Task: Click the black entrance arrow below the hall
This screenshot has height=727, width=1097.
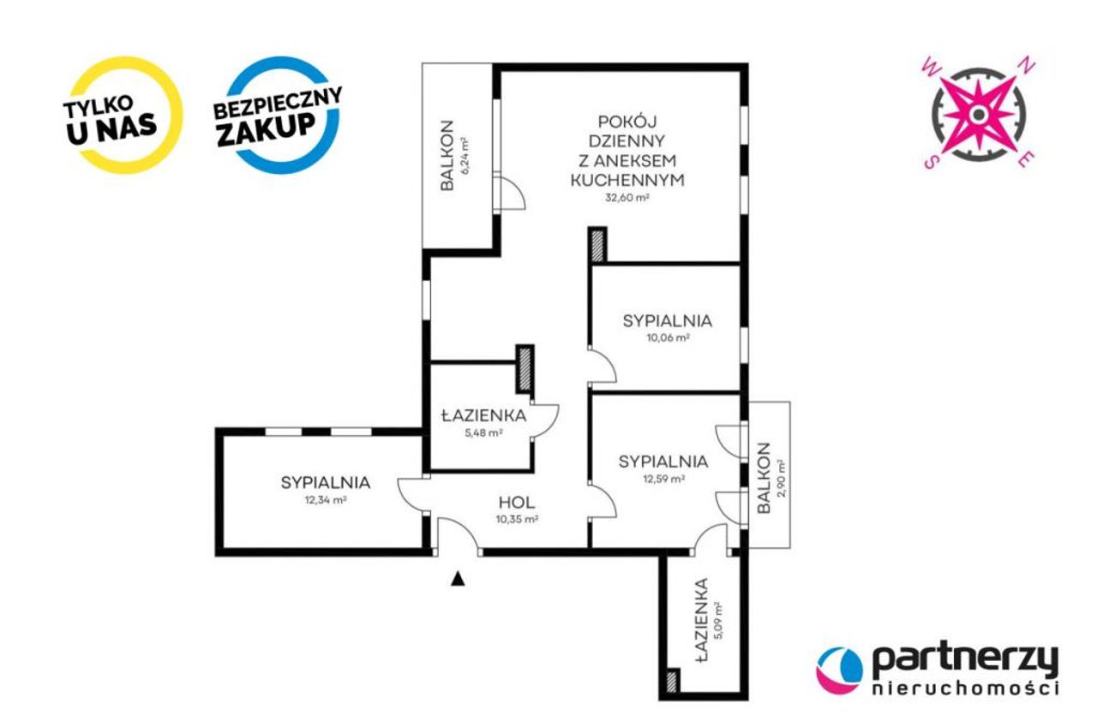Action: tap(458, 579)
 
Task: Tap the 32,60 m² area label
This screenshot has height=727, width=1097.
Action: tap(627, 198)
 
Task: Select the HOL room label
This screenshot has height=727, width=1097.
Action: tap(517, 503)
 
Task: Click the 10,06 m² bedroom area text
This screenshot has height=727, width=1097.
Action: tap(668, 337)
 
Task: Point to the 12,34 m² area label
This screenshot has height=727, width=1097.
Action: tap(326, 500)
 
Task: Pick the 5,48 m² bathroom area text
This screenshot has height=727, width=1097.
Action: tap(483, 432)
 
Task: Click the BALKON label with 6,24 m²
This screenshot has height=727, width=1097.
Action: tap(447, 156)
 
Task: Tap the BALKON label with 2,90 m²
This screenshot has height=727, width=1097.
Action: tap(764, 478)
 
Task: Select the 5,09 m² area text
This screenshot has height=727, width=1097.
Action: tap(718, 621)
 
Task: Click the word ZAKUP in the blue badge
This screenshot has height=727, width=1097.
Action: tap(266, 129)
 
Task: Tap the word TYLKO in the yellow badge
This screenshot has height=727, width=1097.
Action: tap(98, 107)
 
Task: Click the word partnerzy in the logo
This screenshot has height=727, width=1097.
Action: tap(965, 660)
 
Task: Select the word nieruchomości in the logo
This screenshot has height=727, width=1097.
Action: tap(965, 688)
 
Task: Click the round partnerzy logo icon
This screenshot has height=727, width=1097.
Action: tap(839, 670)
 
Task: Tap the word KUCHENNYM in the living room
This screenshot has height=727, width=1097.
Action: tap(627, 180)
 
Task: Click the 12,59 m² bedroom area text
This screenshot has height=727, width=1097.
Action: tap(664, 479)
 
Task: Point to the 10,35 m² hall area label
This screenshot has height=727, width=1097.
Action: tap(517, 519)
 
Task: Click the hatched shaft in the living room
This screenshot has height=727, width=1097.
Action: tap(597, 245)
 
